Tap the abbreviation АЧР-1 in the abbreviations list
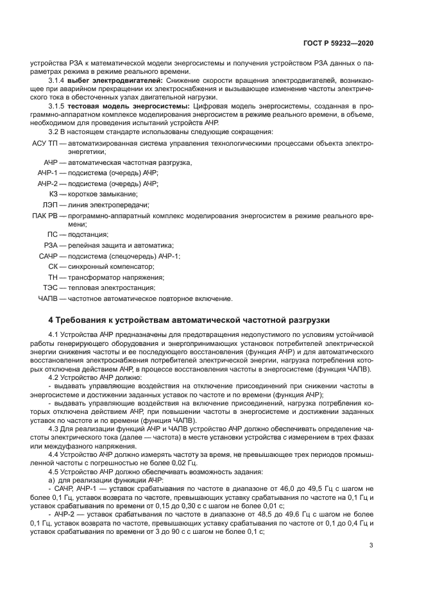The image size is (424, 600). [x=47, y=173]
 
